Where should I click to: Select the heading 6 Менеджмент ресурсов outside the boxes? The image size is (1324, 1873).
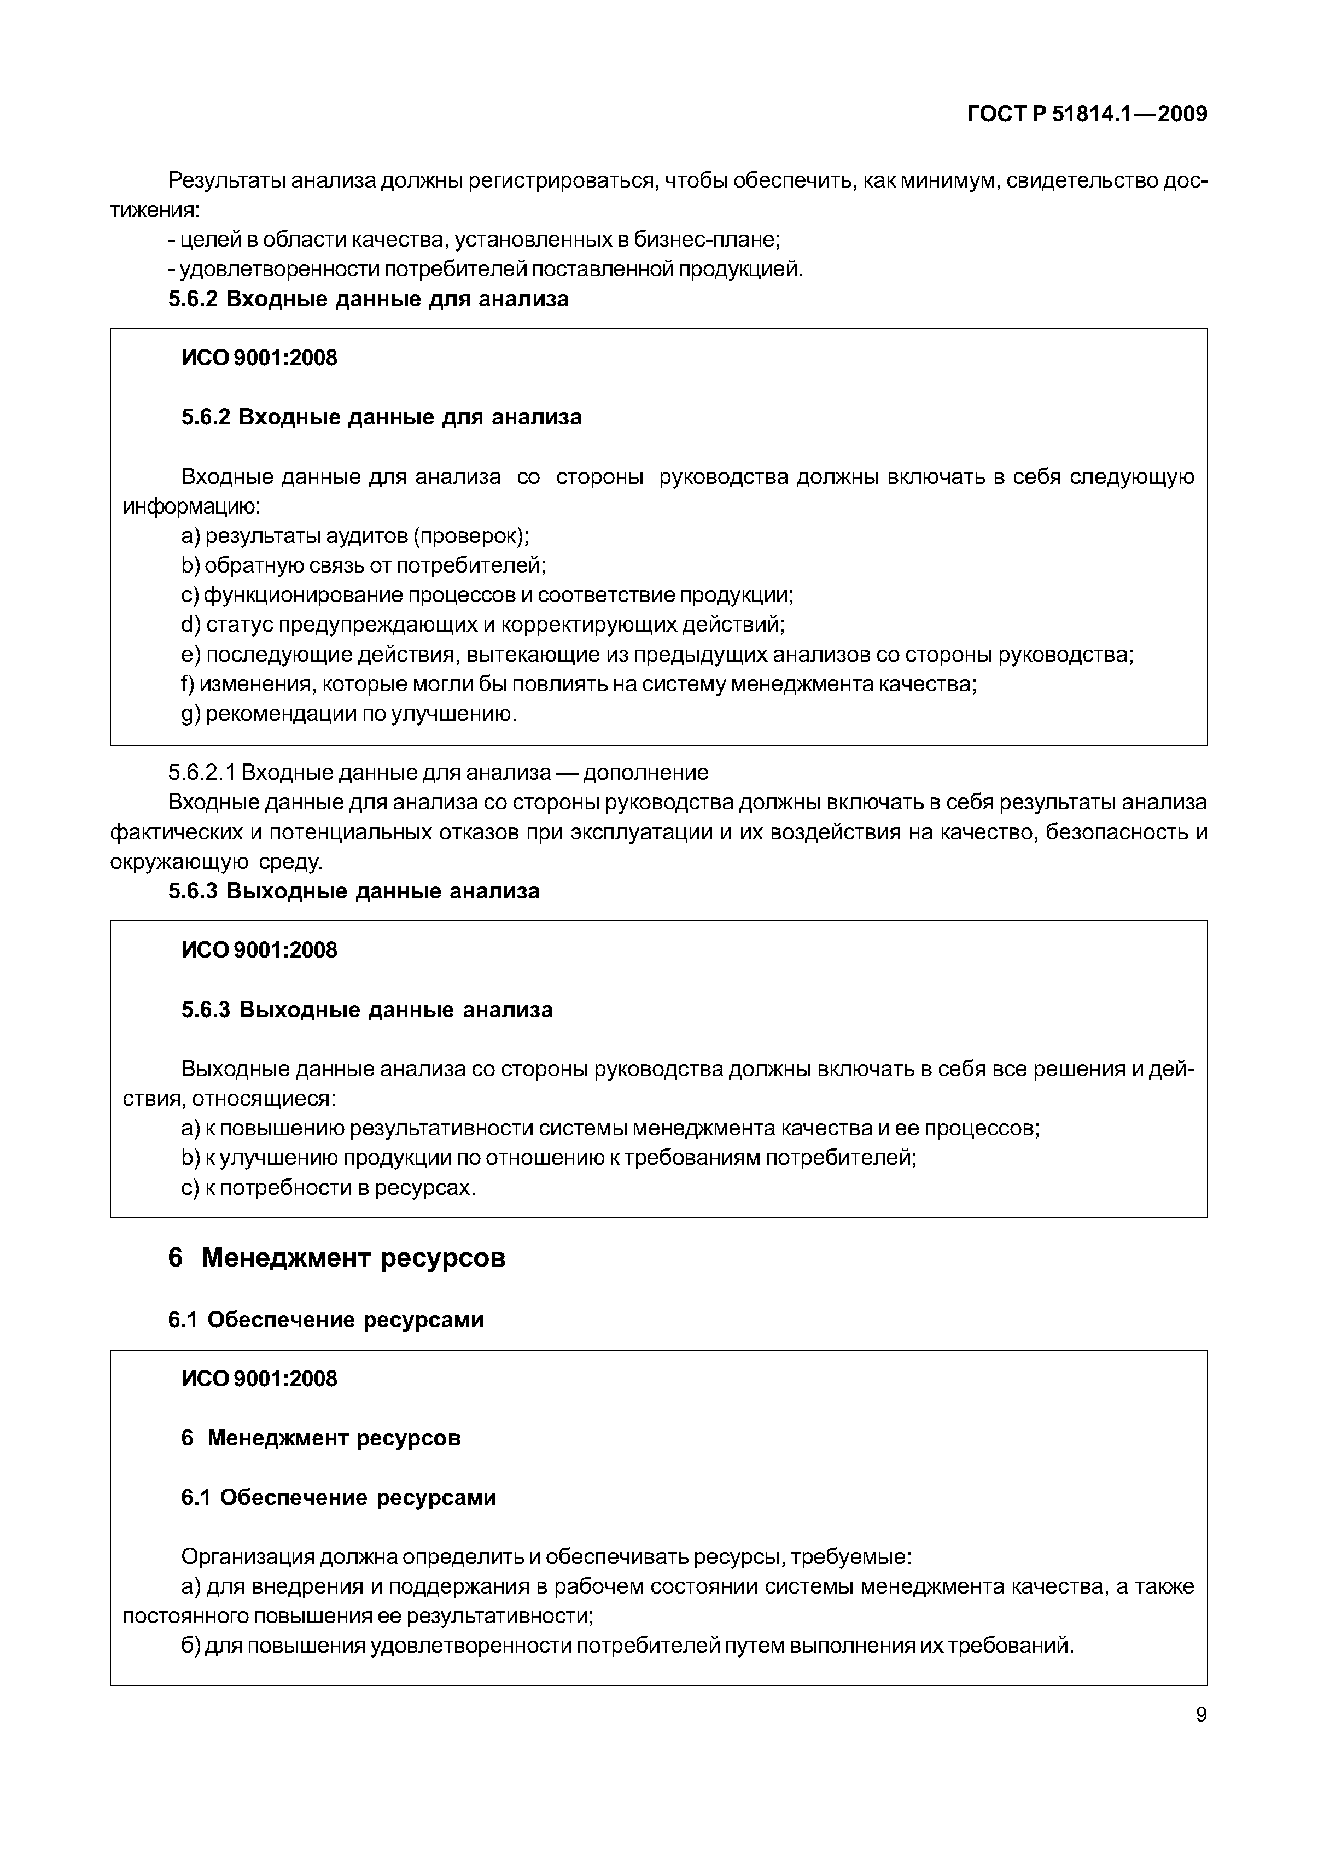[x=336, y=1258]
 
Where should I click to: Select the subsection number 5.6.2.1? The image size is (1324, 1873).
[x=201, y=773]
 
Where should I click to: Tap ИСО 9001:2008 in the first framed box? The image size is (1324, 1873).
[x=259, y=358]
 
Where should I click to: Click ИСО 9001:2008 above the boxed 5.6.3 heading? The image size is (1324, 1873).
[x=259, y=950]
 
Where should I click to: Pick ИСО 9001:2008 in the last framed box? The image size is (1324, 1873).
[x=259, y=1379]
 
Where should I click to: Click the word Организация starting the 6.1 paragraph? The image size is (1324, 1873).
[x=247, y=1557]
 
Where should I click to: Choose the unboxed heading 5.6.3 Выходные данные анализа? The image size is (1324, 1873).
[x=354, y=891]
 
